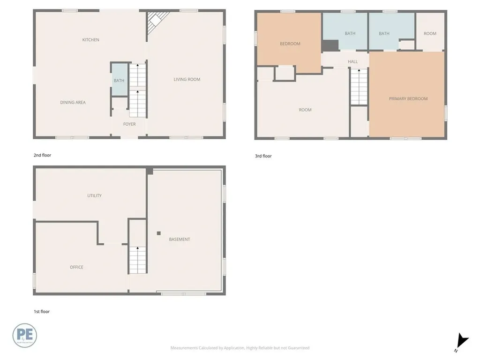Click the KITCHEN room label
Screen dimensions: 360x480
click(x=90, y=40)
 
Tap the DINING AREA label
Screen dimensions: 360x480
click(x=73, y=102)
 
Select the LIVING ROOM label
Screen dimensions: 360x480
click(x=187, y=79)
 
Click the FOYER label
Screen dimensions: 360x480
click(x=129, y=124)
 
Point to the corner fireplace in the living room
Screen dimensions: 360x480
click(x=156, y=21)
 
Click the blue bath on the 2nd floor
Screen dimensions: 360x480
click(x=119, y=80)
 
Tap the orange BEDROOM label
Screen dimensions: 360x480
click(x=290, y=44)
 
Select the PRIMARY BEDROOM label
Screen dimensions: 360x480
click(x=408, y=98)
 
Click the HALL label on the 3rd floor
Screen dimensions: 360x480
click(x=352, y=61)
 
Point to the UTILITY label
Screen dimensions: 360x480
click(x=94, y=195)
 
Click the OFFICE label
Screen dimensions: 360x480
click(x=76, y=267)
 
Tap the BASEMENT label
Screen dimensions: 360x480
click(x=180, y=239)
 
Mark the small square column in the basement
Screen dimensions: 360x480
click(x=159, y=233)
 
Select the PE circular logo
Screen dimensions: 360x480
click(x=24, y=336)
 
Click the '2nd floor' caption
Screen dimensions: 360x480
click(x=42, y=155)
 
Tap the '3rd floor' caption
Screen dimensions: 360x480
click(x=263, y=156)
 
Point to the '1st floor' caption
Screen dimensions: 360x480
click(x=41, y=311)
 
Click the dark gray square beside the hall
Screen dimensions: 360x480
click(x=330, y=45)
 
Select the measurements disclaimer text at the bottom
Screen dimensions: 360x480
click(x=240, y=348)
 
